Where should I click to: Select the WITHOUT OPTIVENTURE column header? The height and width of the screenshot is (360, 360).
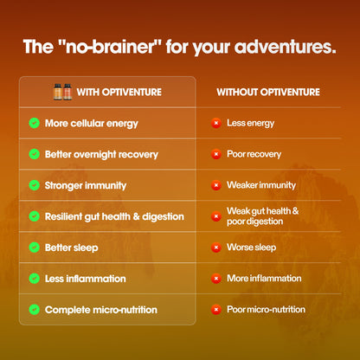[x=267, y=92]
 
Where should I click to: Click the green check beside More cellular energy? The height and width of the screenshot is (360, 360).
[x=34, y=123]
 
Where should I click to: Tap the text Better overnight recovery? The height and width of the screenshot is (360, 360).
[x=101, y=154]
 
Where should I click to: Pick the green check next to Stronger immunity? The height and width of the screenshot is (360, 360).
[x=34, y=185]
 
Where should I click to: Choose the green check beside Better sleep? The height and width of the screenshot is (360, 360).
[x=34, y=247]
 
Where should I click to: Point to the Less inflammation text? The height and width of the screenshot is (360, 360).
[x=85, y=279]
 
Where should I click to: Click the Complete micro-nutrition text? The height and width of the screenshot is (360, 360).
[x=100, y=309]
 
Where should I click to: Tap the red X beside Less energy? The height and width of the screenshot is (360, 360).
[x=215, y=123]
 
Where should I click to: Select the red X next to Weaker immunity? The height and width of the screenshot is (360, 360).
[x=215, y=185]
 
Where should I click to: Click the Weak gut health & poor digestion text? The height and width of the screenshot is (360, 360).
[x=262, y=215]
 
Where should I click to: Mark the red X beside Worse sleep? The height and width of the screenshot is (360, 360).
[x=215, y=247]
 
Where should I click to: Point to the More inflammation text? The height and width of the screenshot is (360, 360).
[x=264, y=279]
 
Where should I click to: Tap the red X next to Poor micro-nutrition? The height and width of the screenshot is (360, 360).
[x=215, y=309]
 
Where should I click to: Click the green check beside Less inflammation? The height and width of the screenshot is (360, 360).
[x=34, y=279]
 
